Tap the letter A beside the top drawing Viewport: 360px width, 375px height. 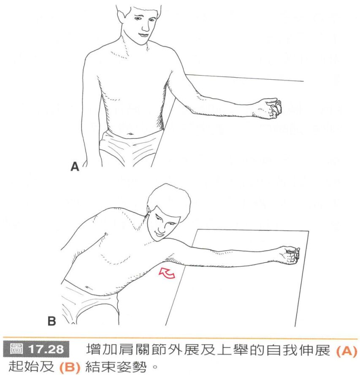click(75, 167)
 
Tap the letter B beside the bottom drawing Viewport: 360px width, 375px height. click(51, 321)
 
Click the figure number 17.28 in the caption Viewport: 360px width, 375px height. click(47, 349)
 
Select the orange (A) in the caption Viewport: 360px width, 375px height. click(346, 351)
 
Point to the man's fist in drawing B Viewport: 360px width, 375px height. click(290, 255)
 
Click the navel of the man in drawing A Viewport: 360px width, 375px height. click(130, 134)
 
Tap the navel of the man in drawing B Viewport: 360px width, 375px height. click(87, 287)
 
